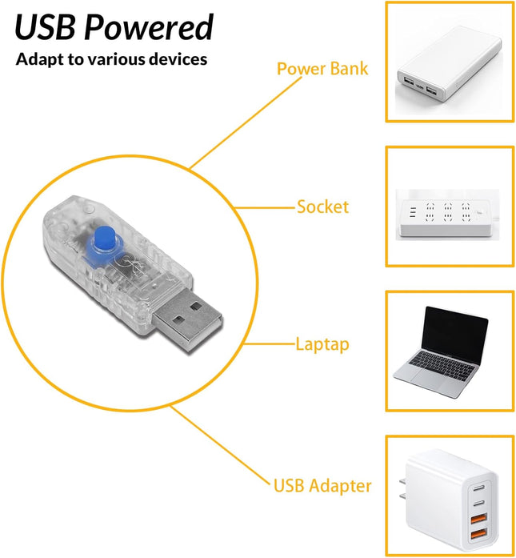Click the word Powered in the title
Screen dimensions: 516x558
(x=149, y=27)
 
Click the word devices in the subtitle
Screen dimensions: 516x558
(x=178, y=58)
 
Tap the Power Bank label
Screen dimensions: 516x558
(x=322, y=68)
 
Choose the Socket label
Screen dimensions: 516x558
(x=323, y=207)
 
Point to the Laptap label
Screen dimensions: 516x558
(x=322, y=344)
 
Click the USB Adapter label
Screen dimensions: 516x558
(x=322, y=486)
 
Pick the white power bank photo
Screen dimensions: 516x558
(x=449, y=64)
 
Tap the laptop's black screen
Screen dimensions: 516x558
(x=454, y=335)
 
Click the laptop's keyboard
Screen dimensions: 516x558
(x=442, y=365)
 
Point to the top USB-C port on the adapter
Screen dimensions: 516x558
(x=479, y=488)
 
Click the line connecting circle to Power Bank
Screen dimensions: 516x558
(x=246, y=122)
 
